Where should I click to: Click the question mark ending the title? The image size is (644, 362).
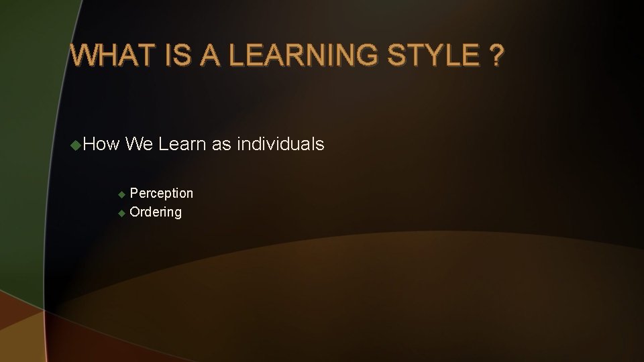(x=495, y=56)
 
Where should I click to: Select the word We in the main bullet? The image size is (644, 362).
(x=139, y=144)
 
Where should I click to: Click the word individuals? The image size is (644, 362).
(x=282, y=144)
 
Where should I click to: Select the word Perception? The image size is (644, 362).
(x=161, y=194)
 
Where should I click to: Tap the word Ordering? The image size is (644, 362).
(x=155, y=213)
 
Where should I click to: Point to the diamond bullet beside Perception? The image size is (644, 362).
(x=121, y=194)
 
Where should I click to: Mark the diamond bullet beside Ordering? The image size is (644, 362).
(x=121, y=213)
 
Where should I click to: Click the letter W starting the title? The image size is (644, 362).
(x=83, y=56)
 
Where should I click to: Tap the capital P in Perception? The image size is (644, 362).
(x=133, y=194)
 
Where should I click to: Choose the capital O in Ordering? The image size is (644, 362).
(x=134, y=213)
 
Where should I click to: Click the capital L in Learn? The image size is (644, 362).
(x=163, y=144)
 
